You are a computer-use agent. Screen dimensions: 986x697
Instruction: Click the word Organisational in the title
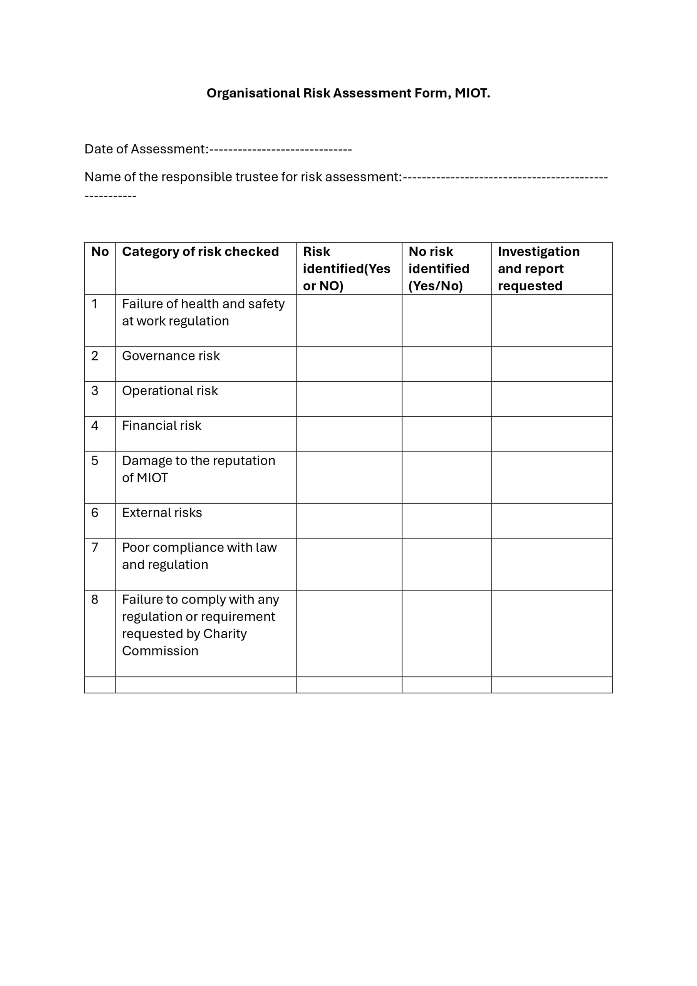pos(253,93)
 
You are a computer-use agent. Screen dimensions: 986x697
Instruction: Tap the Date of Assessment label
pos(146,149)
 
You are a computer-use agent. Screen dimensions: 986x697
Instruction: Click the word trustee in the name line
pos(256,177)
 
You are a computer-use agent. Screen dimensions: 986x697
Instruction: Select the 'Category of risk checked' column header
pos(200,252)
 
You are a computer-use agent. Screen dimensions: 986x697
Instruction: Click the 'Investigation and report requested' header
pos(538,268)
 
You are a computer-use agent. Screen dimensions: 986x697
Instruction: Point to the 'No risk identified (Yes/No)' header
pos(439,268)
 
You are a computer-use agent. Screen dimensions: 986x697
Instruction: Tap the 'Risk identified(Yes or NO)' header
pos(346,268)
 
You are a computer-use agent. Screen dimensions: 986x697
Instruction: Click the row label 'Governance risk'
pos(171,356)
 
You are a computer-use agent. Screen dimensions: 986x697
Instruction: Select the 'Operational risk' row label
pos(170,391)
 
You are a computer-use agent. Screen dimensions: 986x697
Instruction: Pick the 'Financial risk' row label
pos(161,426)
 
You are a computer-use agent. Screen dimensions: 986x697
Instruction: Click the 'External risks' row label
pos(162,513)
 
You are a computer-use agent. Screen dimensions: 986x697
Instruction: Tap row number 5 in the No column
pos(95,461)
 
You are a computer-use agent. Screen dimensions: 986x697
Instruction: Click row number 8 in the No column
pos(95,600)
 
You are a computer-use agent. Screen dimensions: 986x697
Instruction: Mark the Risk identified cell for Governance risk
pos(349,364)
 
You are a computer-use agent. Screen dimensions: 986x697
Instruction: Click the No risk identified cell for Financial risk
pos(446,434)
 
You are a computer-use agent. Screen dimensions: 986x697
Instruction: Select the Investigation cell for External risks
pos(551,521)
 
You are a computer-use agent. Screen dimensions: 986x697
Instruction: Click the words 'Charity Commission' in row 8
pos(185,642)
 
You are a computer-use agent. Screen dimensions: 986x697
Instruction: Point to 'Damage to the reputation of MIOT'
pos(198,470)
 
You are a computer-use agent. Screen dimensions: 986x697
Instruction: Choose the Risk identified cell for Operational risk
pos(349,399)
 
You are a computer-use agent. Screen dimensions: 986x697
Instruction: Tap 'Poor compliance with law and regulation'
pos(199,556)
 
